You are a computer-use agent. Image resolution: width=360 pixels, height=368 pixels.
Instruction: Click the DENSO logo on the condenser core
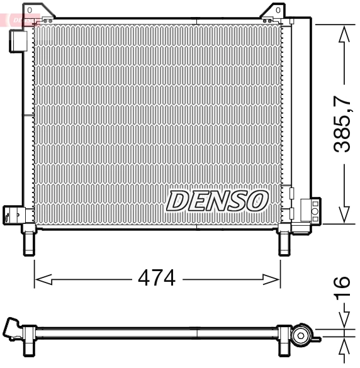(x=217, y=201)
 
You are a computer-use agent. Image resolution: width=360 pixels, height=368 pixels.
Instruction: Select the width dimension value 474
(x=156, y=278)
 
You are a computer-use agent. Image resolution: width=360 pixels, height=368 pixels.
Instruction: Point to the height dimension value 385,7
(x=344, y=123)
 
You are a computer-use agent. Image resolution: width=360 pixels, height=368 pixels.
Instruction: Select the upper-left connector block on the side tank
(x=17, y=41)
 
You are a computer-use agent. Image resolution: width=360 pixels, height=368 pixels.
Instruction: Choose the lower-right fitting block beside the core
(x=309, y=209)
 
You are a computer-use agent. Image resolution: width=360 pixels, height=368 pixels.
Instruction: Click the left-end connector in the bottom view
(x=13, y=330)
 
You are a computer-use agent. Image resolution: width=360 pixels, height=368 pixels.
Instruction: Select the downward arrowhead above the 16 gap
(x=344, y=321)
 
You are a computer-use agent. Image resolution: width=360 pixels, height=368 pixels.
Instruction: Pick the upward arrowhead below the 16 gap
(x=344, y=348)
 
